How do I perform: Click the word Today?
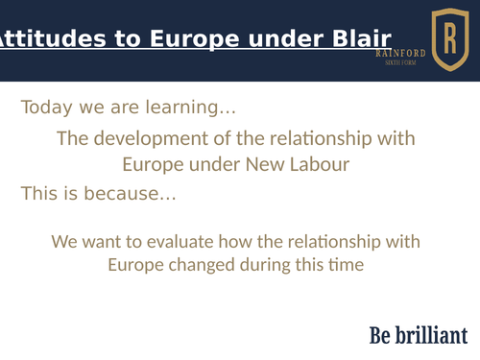[x=48, y=108]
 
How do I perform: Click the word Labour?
[x=320, y=165]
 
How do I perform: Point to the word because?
[x=130, y=194]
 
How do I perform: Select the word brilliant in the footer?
[x=431, y=335]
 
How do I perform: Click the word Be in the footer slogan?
[x=380, y=335]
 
